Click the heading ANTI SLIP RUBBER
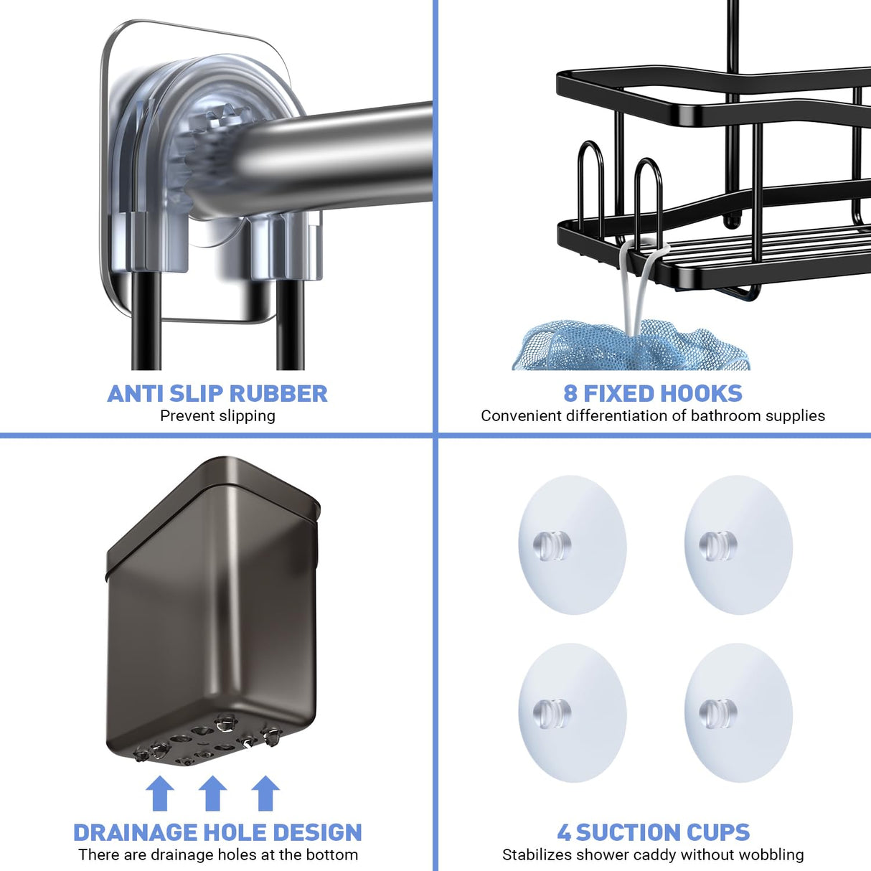pos(217,393)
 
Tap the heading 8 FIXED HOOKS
pos(653,393)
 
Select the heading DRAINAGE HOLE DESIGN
pos(217,832)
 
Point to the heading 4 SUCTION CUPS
pos(653,832)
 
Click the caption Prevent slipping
pos(217,416)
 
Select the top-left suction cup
pos(572,545)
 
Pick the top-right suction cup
pos(738,545)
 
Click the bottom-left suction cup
pos(572,712)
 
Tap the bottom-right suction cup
pos(738,712)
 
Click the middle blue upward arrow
pos(212,794)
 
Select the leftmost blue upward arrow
pos(159,794)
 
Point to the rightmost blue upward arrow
pos(265,794)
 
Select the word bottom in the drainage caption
pos(332,854)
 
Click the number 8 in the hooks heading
pos(570,393)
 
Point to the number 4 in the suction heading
pos(565,832)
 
